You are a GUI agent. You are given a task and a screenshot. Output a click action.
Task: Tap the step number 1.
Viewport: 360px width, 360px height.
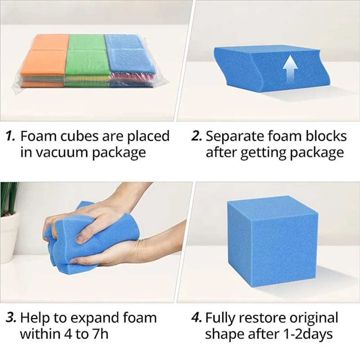point(11,136)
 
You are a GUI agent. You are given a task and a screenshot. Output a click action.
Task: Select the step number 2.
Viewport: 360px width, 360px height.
point(197,136)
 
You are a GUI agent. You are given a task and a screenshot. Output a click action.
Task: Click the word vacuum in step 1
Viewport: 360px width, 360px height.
point(61,152)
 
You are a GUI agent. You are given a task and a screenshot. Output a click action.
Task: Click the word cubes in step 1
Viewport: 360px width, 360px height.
point(74,136)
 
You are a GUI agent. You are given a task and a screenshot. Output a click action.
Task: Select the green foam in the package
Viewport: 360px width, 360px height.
point(87,58)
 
